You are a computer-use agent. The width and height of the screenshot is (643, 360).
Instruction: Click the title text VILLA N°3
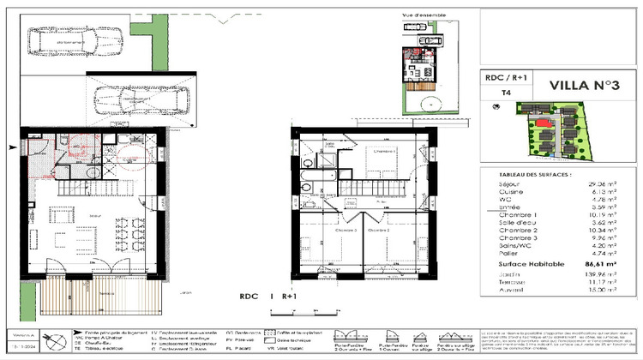pyautogui.click(x=566, y=84)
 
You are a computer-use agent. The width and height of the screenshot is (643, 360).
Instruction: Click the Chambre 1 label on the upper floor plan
pyautogui.click(x=382, y=149)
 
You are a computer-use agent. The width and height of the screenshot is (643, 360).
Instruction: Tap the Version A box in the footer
pyautogui.click(x=21, y=336)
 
